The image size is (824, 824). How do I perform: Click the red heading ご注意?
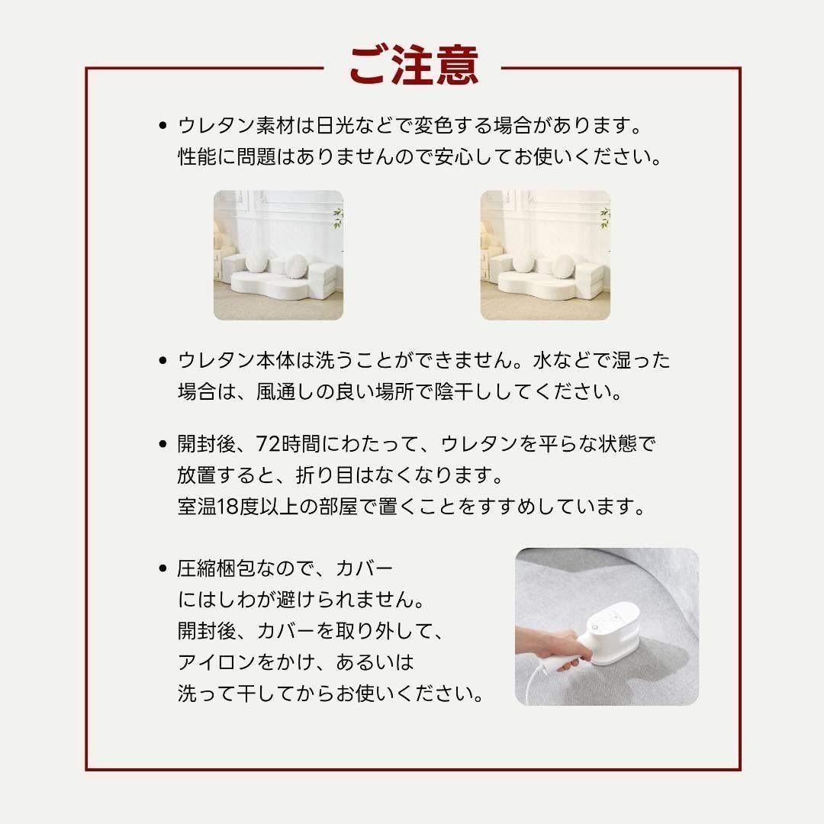(413, 66)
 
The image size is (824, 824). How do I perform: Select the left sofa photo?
(278, 255)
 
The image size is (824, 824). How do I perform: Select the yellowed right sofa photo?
(545, 255)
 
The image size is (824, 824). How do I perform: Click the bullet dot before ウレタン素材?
(162, 125)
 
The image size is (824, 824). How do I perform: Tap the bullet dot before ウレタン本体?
(162, 360)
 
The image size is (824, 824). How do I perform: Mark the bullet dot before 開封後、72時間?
(162, 444)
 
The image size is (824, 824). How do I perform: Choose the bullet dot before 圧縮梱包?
(162, 568)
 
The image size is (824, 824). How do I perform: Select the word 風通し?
(289, 392)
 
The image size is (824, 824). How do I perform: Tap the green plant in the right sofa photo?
(604, 217)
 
